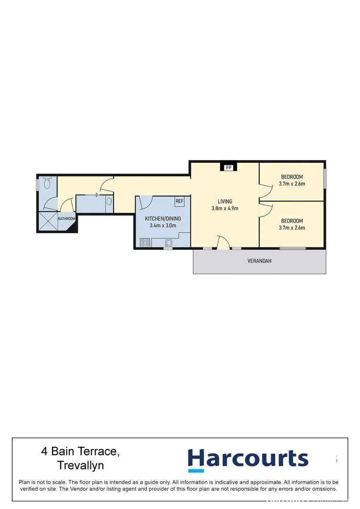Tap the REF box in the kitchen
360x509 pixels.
coord(179,201)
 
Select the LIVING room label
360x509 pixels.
coord(225,201)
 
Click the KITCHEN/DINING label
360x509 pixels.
coord(163,219)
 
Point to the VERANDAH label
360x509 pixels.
coord(260,261)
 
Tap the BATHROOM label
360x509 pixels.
coord(66,219)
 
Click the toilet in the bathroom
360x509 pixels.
coord(46,184)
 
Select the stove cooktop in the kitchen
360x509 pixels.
coord(145,243)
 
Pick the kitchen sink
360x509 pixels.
coord(169,243)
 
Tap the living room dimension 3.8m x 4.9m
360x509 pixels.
coord(225,208)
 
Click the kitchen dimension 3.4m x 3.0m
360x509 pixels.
coord(163,226)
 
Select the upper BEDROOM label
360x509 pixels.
coord(292,177)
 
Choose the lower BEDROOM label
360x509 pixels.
coord(292,221)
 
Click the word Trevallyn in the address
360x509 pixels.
coord(80,466)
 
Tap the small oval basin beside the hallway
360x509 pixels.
coord(109,202)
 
